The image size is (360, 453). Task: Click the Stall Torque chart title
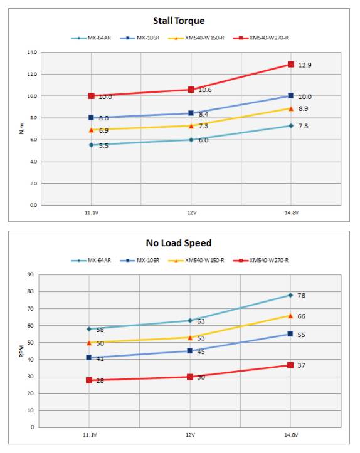click(x=179, y=21)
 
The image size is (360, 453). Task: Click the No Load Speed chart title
click(x=180, y=243)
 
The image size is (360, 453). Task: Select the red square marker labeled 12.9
click(x=290, y=64)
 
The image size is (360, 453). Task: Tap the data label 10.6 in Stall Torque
click(x=204, y=90)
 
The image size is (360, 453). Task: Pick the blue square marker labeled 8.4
click(x=191, y=113)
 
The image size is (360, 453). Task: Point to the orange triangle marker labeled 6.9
click(x=91, y=130)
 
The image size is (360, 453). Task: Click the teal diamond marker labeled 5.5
click(x=91, y=145)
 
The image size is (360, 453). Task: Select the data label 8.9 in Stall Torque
click(x=303, y=109)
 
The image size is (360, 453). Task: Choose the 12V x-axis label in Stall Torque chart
click(x=191, y=213)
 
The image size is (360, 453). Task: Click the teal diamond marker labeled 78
click(x=290, y=295)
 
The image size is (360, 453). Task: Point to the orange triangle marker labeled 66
click(x=290, y=316)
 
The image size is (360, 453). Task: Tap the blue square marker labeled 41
click(x=89, y=358)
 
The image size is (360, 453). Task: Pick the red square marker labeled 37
click(x=290, y=365)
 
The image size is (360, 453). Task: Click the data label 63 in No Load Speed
click(x=201, y=321)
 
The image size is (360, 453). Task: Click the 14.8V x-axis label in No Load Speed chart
click(x=290, y=435)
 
